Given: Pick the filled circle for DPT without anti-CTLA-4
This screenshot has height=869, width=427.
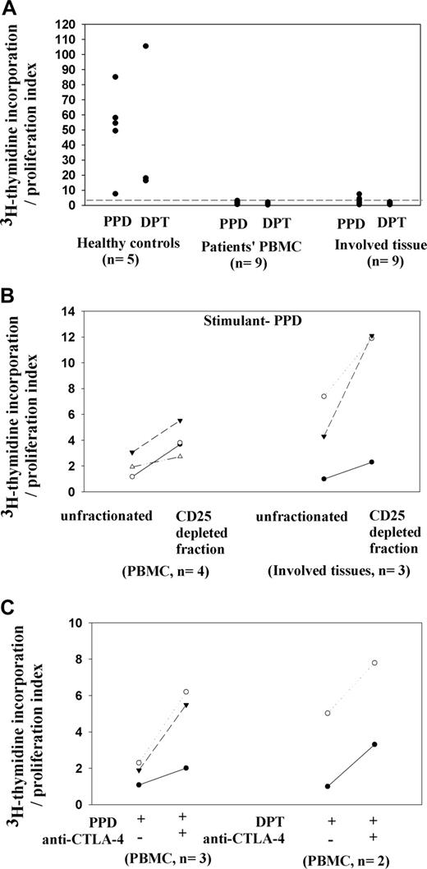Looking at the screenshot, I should coord(327,786).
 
